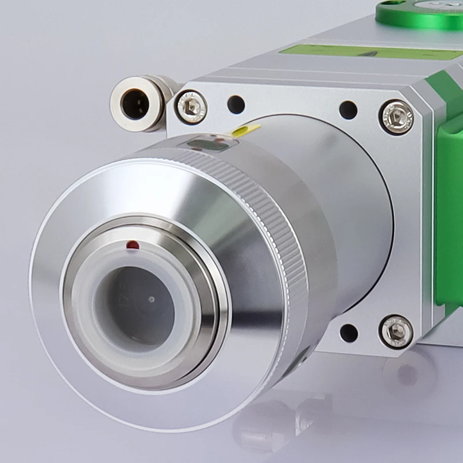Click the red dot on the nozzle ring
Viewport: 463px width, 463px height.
click(x=133, y=245)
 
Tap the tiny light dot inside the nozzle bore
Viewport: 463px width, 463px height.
click(x=152, y=300)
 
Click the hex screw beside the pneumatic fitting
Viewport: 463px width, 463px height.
click(x=192, y=107)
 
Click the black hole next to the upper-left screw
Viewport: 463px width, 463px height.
click(x=236, y=105)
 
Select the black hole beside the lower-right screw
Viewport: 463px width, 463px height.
click(x=348, y=333)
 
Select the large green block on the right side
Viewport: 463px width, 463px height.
click(x=449, y=220)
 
